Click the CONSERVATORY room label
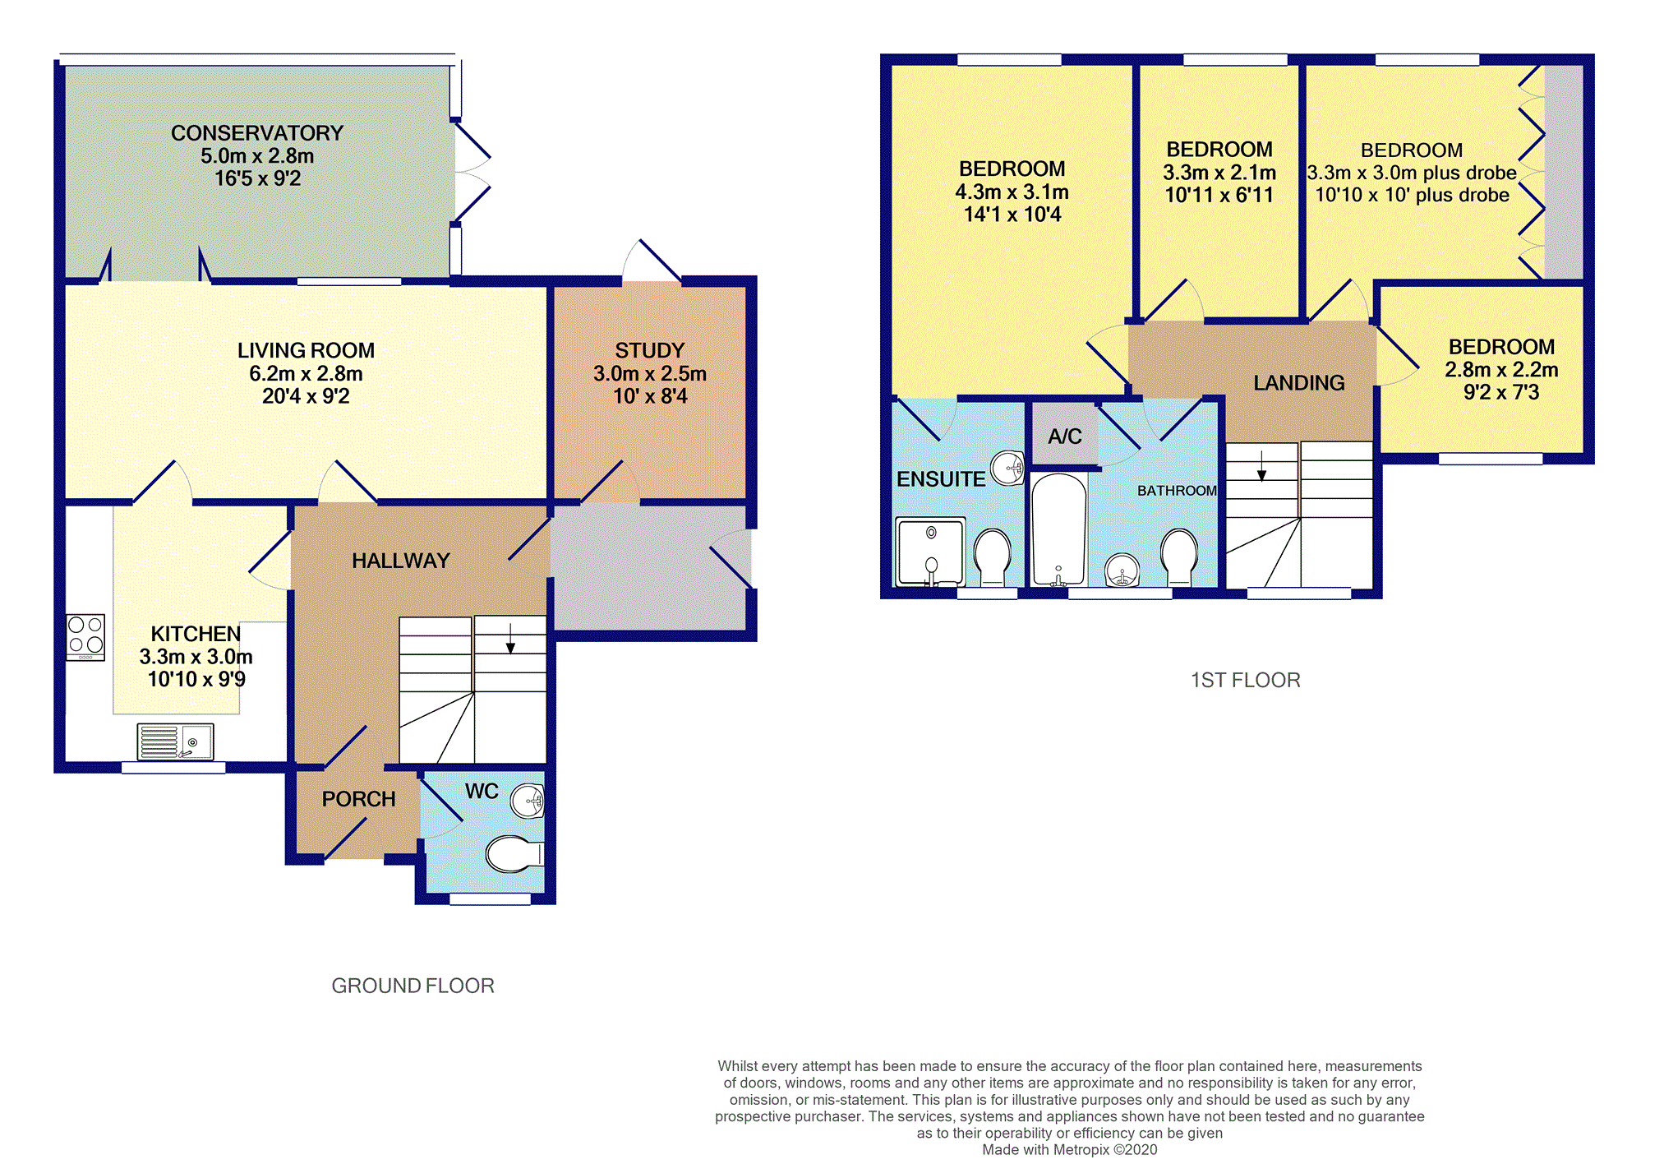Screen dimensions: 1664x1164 (x=257, y=133)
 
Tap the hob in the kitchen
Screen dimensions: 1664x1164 (x=85, y=637)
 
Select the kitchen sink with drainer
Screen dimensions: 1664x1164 (x=175, y=741)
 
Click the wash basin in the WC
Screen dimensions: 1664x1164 (x=528, y=801)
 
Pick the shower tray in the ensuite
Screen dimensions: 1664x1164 (x=930, y=551)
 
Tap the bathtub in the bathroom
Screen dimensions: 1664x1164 (x=1058, y=529)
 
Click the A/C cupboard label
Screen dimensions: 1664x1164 (x=1065, y=436)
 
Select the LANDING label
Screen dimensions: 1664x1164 (x=1299, y=383)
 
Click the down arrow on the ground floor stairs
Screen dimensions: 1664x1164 (x=510, y=639)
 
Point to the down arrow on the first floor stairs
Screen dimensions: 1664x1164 (x=1261, y=466)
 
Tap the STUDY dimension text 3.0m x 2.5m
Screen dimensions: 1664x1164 (x=650, y=374)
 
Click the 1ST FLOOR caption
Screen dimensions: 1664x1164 (x=1246, y=681)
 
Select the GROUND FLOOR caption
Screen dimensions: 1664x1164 (x=413, y=986)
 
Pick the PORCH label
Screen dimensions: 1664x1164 (x=358, y=799)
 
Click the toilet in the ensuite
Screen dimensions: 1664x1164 (x=993, y=557)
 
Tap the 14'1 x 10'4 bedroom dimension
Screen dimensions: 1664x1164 (x=1012, y=215)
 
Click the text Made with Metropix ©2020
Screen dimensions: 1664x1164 (x=1070, y=1150)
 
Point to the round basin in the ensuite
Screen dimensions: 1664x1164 (x=1007, y=469)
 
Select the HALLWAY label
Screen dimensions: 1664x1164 (x=401, y=561)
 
